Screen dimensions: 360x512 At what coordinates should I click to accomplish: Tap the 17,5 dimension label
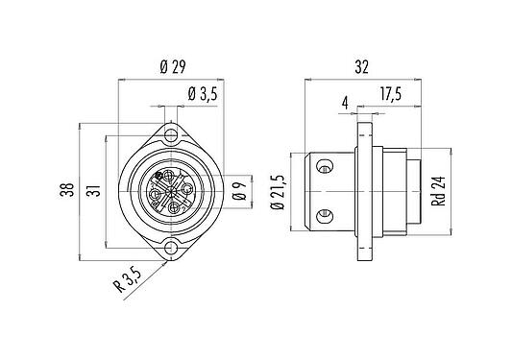coord(388,94)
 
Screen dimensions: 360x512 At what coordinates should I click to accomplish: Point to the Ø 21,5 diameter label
coord(280,191)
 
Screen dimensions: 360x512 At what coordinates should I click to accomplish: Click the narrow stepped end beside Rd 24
coord(410,191)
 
